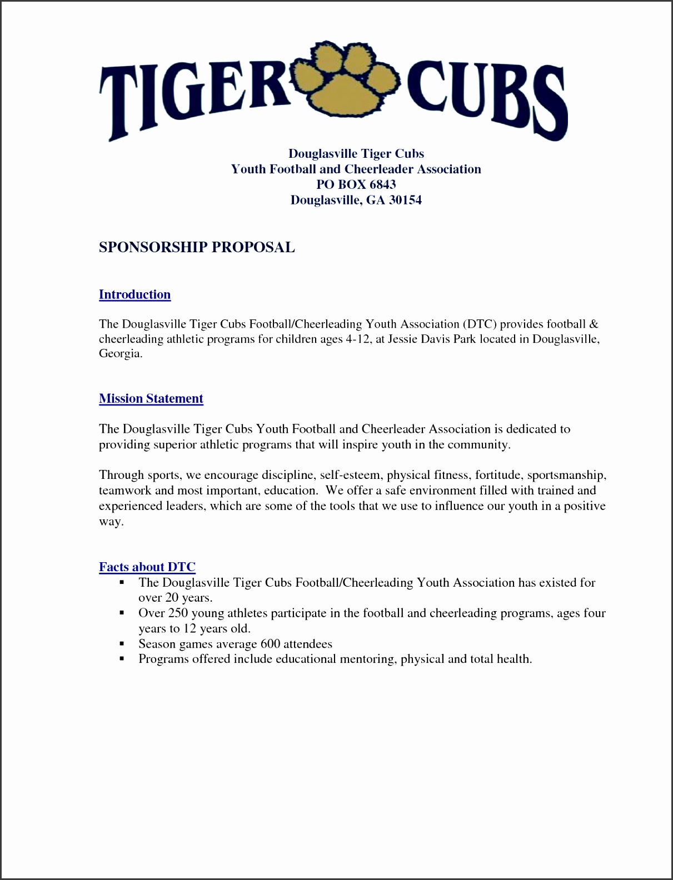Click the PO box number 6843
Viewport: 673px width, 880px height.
(x=383, y=184)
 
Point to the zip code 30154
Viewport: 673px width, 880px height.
(x=405, y=200)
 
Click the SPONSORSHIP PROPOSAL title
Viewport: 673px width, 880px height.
(x=197, y=247)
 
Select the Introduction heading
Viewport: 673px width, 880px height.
(x=134, y=294)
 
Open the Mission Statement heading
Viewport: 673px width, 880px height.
(x=151, y=398)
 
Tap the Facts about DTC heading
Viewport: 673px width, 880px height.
(x=147, y=567)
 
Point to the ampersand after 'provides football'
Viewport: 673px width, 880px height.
(x=594, y=324)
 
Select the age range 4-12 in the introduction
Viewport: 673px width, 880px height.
(x=358, y=339)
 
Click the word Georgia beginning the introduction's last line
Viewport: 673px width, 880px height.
(x=121, y=354)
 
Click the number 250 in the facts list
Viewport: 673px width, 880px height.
(x=177, y=613)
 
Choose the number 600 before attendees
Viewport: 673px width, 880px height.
(x=270, y=644)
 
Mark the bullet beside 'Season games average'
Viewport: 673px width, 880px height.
(x=121, y=644)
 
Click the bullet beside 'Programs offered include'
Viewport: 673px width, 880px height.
(x=121, y=659)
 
